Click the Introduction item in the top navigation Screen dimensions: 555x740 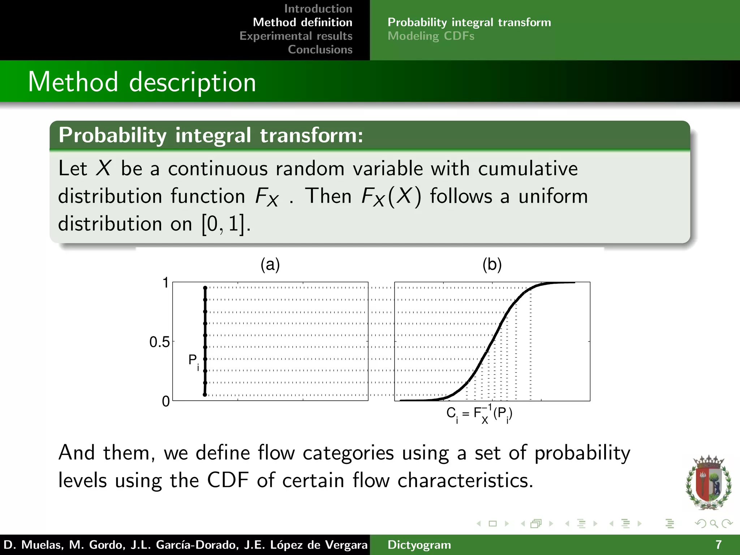tap(318, 9)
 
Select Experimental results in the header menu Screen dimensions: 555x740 tap(296, 36)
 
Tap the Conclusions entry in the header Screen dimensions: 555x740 tap(320, 50)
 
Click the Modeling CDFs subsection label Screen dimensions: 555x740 tap(431, 36)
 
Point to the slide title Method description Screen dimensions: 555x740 tap(142, 82)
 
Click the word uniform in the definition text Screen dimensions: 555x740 tap(553, 197)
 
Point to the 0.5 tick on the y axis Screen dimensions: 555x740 tap(159, 342)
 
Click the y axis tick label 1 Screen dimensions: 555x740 tap(165, 283)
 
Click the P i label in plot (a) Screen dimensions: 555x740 tap(194, 361)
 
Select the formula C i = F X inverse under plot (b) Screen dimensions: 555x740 tap(479, 414)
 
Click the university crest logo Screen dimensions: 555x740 tap(708, 482)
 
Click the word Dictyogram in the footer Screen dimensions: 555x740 tap(419, 545)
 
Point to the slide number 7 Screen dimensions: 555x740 tap(718, 545)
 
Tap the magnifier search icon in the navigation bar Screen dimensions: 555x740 tap(713, 524)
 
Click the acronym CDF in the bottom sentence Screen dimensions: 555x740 tap(228, 481)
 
